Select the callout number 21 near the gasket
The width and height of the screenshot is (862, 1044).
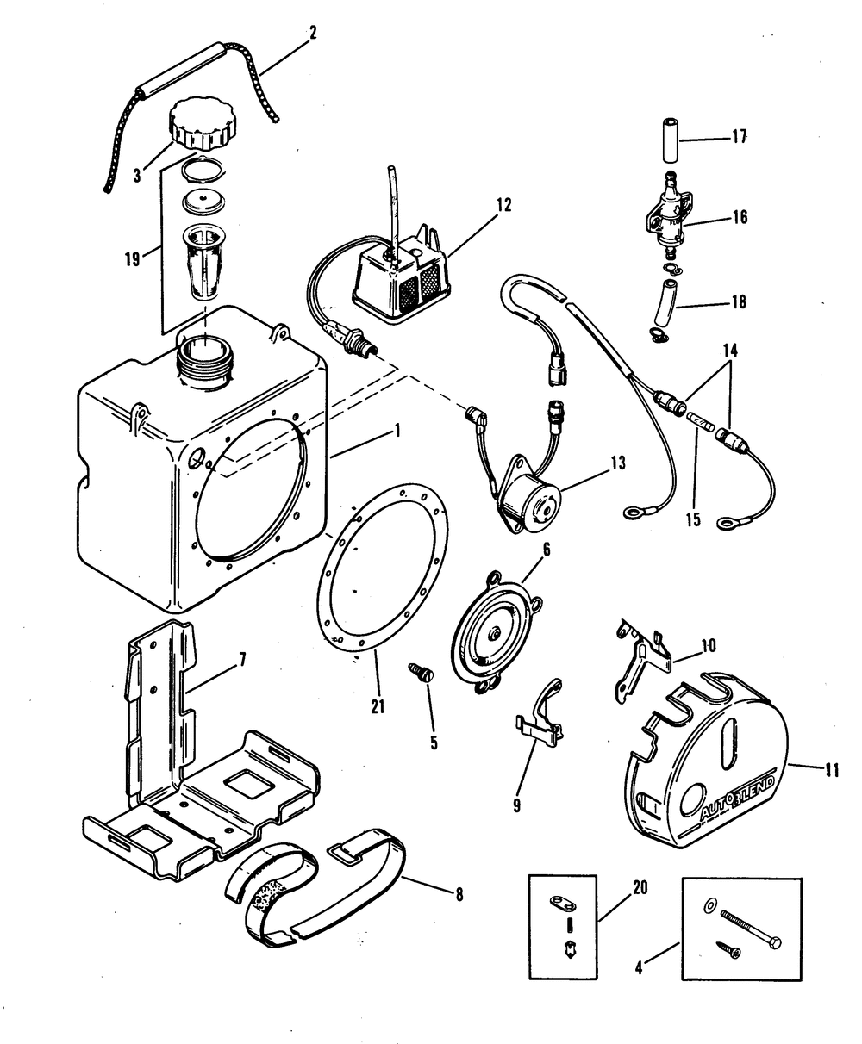tap(377, 706)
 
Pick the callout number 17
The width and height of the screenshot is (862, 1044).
tap(739, 137)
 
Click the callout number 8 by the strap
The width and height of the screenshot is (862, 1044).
tap(459, 895)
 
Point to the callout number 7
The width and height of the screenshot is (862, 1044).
tap(242, 661)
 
